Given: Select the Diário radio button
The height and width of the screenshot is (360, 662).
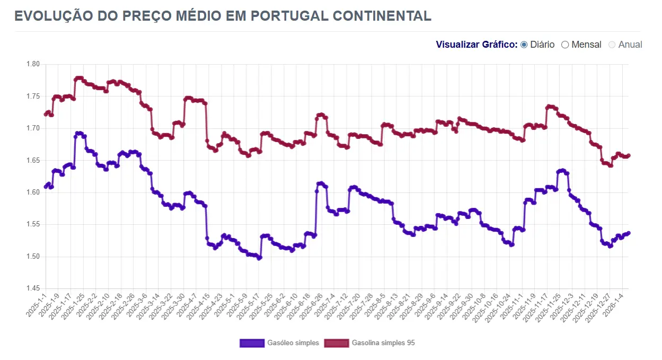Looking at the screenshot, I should coord(524,45).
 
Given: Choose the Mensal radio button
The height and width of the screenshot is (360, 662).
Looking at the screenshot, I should coord(565,45).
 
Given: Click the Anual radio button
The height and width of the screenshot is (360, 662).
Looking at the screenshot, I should coord(612,45).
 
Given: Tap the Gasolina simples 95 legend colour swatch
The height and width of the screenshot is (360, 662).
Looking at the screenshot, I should coord(336,343).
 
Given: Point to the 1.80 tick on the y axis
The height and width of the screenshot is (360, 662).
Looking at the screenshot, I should coord(33,64).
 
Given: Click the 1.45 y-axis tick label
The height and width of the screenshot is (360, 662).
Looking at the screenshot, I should coord(33,289).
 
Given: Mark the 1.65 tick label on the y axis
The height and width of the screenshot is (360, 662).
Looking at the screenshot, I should coord(33,161).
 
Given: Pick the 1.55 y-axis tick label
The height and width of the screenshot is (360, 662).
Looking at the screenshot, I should coord(33,225).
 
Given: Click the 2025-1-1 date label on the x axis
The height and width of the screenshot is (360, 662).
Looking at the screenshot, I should coord(37,306).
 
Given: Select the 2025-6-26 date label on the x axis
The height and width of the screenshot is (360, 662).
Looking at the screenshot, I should coord(312,306).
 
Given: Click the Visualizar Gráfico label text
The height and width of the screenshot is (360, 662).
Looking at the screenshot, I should coord(476,45).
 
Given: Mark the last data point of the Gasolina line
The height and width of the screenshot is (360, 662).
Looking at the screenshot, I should coord(629,155).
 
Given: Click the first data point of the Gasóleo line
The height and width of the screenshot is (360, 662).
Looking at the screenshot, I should coord(46,187).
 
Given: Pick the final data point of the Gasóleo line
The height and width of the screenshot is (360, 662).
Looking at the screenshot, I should coord(629,233).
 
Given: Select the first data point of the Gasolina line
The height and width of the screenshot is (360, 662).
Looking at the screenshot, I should coord(46,115).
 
